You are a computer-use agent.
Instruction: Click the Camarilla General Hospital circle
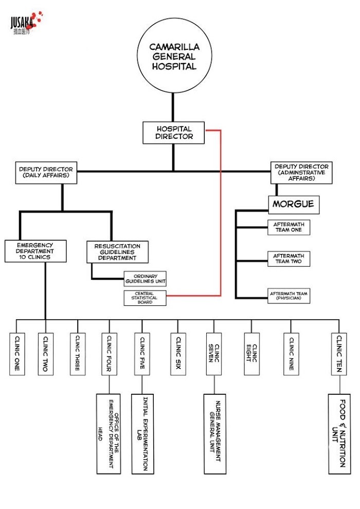(x=173, y=56)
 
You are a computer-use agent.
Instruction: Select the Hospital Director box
(x=174, y=132)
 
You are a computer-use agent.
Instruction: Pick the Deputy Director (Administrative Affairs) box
(x=301, y=173)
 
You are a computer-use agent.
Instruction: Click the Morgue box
(x=293, y=204)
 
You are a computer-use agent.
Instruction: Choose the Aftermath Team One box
(x=289, y=228)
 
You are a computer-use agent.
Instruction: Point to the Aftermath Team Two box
(x=289, y=259)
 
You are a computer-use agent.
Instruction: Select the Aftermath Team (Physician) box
(x=289, y=296)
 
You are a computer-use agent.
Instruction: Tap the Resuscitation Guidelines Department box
(x=117, y=252)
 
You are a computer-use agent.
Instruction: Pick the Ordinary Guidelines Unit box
(x=145, y=279)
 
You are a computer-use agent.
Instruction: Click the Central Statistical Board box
(x=145, y=298)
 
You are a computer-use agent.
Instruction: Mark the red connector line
(x=221, y=216)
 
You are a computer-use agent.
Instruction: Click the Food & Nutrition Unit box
(x=339, y=433)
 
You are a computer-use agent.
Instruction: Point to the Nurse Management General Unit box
(x=214, y=433)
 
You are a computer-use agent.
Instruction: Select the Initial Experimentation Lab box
(x=142, y=433)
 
